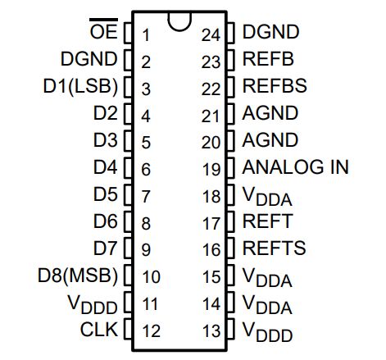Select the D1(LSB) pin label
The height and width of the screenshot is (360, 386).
[x=79, y=86]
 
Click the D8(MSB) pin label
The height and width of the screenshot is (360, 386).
[x=78, y=275]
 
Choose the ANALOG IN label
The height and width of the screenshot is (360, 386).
[x=296, y=167]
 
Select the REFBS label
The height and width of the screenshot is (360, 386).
[x=274, y=86]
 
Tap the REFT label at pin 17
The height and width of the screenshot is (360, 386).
[x=267, y=221]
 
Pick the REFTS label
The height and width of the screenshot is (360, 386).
[x=274, y=248]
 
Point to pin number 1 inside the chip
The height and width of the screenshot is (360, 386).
[x=145, y=34]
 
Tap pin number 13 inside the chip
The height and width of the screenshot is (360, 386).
[x=211, y=330]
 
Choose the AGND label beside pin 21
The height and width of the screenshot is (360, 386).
[x=270, y=113]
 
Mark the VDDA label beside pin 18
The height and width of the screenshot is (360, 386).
[x=267, y=196]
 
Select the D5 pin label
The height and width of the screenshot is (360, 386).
[x=106, y=194]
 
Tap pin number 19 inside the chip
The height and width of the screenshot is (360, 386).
[x=211, y=169]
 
